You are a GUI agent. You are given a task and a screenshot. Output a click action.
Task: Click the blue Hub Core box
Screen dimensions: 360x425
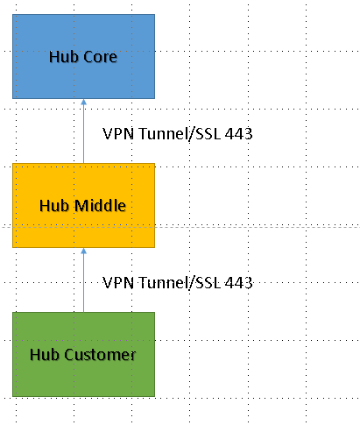pos(83,56)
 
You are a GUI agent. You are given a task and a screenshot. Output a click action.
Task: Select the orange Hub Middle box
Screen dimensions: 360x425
pos(83,205)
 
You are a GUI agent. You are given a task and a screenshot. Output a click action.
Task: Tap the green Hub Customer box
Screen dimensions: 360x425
pos(83,354)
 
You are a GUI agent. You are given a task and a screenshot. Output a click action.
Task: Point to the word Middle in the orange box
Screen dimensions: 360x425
pos(100,205)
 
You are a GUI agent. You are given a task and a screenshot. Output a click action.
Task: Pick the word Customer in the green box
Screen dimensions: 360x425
pos(100,355)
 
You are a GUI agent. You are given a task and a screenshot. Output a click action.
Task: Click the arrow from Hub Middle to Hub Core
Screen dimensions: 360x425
pos(83,131)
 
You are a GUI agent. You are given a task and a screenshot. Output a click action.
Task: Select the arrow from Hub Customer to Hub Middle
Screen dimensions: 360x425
pos(83,280)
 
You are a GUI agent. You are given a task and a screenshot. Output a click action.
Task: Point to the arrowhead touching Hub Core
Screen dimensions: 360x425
pos(83,102)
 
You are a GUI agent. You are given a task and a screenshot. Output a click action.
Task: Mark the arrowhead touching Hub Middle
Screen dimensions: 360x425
pos(83,251)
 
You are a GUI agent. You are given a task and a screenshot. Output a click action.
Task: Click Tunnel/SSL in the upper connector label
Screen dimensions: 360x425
pos(180,134)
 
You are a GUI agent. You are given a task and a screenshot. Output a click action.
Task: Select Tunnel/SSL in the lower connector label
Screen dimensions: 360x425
pos(180,283)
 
